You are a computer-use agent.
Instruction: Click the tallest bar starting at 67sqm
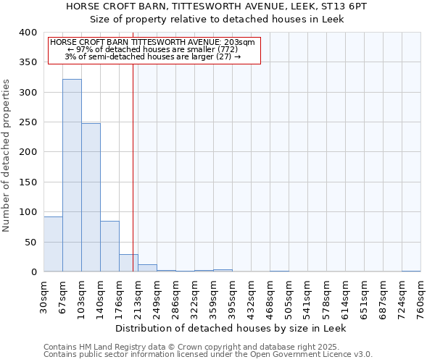[x=72, y=175]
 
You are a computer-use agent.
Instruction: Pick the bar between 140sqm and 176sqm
[x=109, y=246]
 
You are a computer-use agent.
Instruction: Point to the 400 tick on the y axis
[x=28, y=33]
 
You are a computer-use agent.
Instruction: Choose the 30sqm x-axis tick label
[x=44, y=294]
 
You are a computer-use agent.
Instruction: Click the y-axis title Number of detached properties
[x=7, y=166]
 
